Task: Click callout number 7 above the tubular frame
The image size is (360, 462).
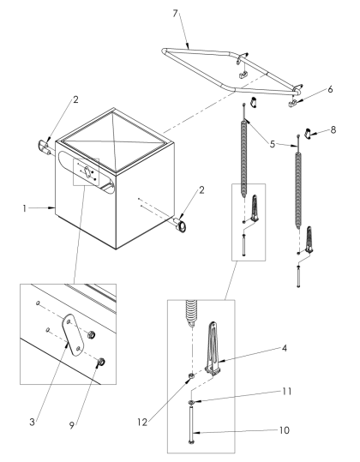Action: [x=176, y=13]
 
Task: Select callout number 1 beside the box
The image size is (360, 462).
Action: [x=25, y=208]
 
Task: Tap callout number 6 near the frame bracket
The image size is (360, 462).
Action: [x=330, y=89]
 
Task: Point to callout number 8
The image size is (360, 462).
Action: [x=333, y=129]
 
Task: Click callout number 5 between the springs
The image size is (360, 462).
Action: [x=273, y=144]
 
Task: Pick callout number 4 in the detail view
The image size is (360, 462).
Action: [x=284, y=348]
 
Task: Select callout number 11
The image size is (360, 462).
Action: [x=286, y=392]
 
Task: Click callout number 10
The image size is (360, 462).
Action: [x=285, y=430]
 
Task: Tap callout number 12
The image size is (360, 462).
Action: [x=142, y=423]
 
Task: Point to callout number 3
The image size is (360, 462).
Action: [x=32, y=422]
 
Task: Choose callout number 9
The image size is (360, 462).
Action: [x=72, y=425]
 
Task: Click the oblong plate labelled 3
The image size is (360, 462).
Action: [x=74, y=335]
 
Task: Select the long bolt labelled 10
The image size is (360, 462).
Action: [x=191, y=424]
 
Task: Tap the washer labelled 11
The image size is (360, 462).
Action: [x=191, y=402]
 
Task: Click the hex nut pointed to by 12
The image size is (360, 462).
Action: [x=191, y=375]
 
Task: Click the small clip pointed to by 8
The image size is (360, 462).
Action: [x=307, y=133]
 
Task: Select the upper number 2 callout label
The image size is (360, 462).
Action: [x=75, y=99]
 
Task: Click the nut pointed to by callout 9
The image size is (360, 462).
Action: [x=101, y=361]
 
